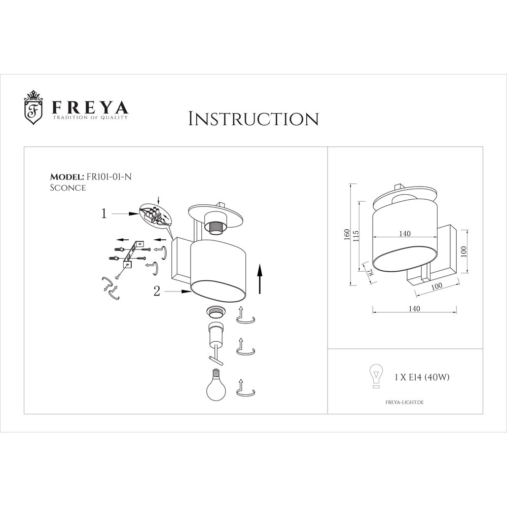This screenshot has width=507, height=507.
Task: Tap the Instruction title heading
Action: click(253, 119)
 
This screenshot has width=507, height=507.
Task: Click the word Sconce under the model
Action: click(67, 188)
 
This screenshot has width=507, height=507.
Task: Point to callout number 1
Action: click(104, 214)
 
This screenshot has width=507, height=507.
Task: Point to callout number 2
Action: click(157, 291)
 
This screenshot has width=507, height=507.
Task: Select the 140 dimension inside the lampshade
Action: click(405, 233)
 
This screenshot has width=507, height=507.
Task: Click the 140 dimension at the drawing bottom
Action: click(414, 308)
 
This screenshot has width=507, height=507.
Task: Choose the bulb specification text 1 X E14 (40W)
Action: click(422, 377)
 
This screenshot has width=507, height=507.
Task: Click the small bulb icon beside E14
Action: click(376, 376)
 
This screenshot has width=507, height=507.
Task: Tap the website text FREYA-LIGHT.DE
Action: click(402, 402)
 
